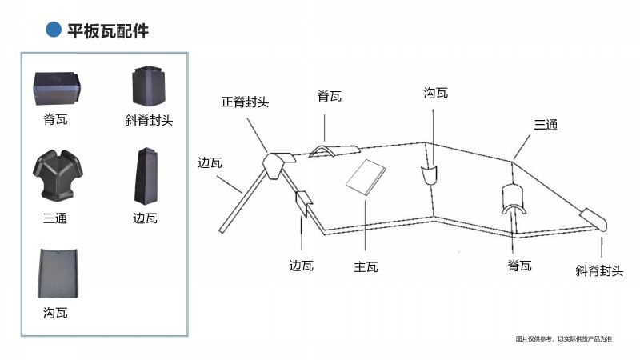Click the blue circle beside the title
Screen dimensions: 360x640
(x=54, y=30)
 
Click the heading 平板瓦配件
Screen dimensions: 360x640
(x=108, y=30)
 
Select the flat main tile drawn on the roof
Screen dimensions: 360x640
(x=366, y=177)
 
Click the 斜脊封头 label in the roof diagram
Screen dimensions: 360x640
(x=598, y=271)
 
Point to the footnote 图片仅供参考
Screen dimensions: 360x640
(x=563, y=339)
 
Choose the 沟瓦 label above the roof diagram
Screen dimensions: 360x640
(x=435, y=94)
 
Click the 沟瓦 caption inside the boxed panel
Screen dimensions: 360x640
(x=55, y=313)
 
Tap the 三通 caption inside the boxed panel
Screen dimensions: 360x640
(x=55, y=218)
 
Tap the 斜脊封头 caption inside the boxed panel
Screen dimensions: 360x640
(x=149, y=121)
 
